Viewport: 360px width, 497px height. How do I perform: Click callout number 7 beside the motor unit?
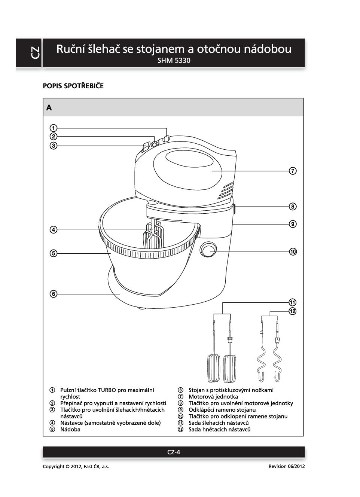pyautogui.click(x=293, y=171)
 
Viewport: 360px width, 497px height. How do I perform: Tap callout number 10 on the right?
pyautogui.click(x=293, y=252)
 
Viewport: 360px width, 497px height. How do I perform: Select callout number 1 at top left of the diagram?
pyautogui.click(x=54, y=128)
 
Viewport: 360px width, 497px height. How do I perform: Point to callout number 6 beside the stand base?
pyautogui.click(x=54, y=294)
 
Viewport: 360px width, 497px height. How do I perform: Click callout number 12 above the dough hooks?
pyautogui.click(x=293, y=311)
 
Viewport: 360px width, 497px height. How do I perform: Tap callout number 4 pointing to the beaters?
pyautogui.click(x=54, y=230)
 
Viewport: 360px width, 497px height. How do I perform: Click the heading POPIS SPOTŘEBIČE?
pyautogui.click(x=73, y=86)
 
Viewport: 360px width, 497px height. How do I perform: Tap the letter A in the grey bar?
pyautogui.click(x=49, y=108)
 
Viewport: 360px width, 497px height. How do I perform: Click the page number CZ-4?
pyautogui.click(x=174, y=452)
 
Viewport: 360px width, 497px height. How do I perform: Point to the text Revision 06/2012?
pyautogui.click(x=287, y=466)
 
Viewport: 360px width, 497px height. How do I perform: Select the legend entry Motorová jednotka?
pyautogui.click(x=213, y=397)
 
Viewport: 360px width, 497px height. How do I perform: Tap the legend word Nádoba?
pyautogui.click(x=70, y=430)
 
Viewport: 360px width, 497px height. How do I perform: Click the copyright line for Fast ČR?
pyautogui.click(x=76, y=467)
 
